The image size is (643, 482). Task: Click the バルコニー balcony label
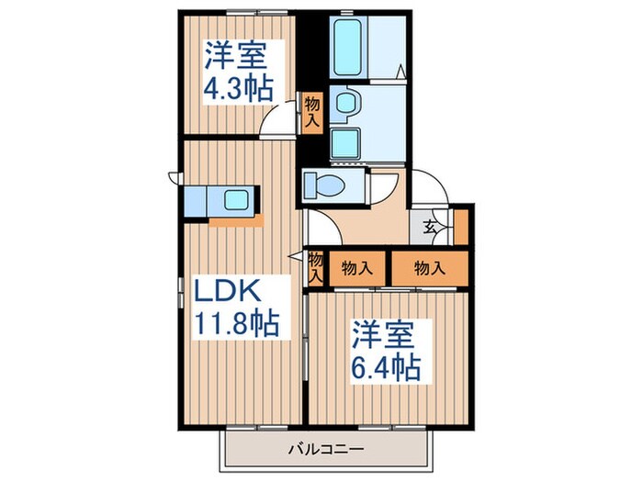[328, 449]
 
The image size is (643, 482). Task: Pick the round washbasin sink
[345, 103]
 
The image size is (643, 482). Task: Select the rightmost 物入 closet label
[428, 268]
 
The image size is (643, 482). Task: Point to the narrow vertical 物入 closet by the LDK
[315, 266]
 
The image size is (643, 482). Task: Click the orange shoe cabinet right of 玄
[460, 226]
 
